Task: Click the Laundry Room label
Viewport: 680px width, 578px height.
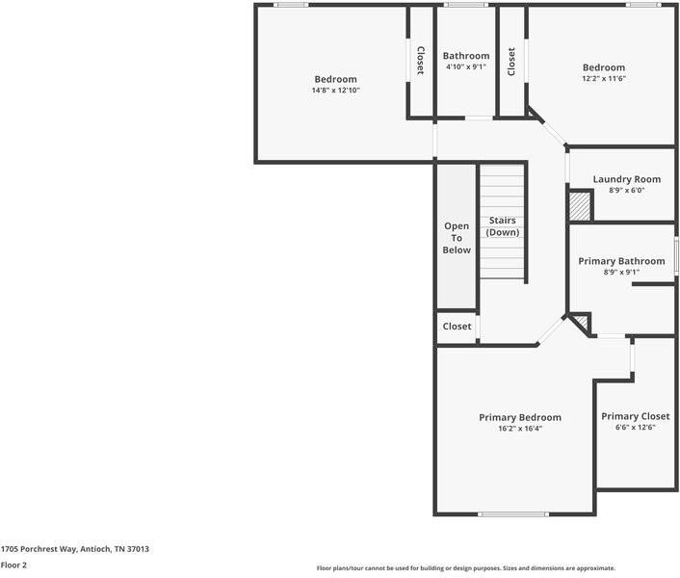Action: click(x=626, y=179)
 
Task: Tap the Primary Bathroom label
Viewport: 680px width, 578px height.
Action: click(x=621, y=261)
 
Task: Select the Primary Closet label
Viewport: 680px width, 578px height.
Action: click(x=635, y=416)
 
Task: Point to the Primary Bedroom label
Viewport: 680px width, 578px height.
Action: click(x=520, y=417)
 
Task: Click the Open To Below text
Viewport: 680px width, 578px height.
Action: click(x=457, y=238)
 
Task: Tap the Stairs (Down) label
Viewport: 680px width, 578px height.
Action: click(x=502, y=226)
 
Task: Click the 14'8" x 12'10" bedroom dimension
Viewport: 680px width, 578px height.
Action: click(x=335, y=91)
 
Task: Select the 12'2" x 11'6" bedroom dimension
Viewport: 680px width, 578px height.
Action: click(x=604, y=79)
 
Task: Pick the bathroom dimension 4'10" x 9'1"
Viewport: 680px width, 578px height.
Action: click(x=465, y=67)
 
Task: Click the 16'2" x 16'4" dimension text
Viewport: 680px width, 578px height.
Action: click(x=520, y=429)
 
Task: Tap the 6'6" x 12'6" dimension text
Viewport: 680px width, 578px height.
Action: click(x=635, y=428)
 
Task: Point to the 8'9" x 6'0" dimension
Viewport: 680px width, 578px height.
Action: click(x=626, y=191)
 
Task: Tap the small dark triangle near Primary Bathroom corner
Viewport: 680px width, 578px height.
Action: click(x=580, y=322)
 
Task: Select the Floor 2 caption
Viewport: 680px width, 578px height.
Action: click(x=13, y=565)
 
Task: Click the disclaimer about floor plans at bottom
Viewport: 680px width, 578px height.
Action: click(x=465, y=568)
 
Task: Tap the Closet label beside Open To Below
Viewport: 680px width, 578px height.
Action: click(x=457, y=327)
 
